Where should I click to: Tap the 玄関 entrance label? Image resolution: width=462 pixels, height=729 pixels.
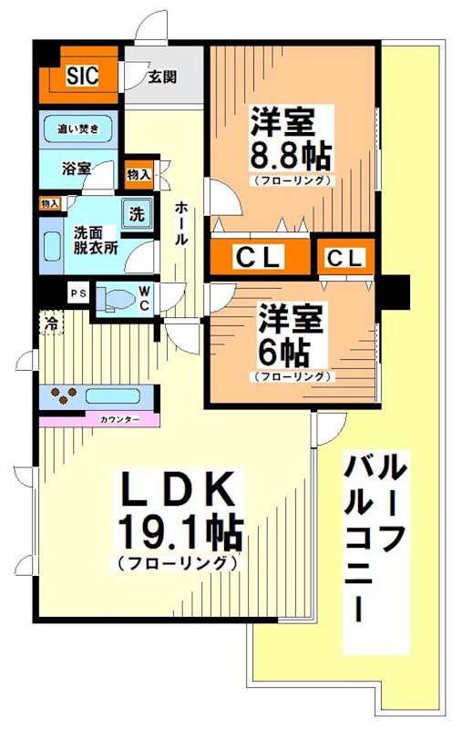[x=163, y=77]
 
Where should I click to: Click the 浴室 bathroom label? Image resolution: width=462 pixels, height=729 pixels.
[x=77, y=168]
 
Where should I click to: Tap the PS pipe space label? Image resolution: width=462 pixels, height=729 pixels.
[x=77, y=293]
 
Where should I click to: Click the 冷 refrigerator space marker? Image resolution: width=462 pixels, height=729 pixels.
[x=51, y=323]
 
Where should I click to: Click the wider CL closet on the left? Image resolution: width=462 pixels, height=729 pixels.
[x=259, y=258]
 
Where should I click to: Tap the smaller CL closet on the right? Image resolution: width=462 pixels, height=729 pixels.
[x=345, y=258]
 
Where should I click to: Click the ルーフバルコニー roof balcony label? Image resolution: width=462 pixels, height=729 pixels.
[x=375, y=552]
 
